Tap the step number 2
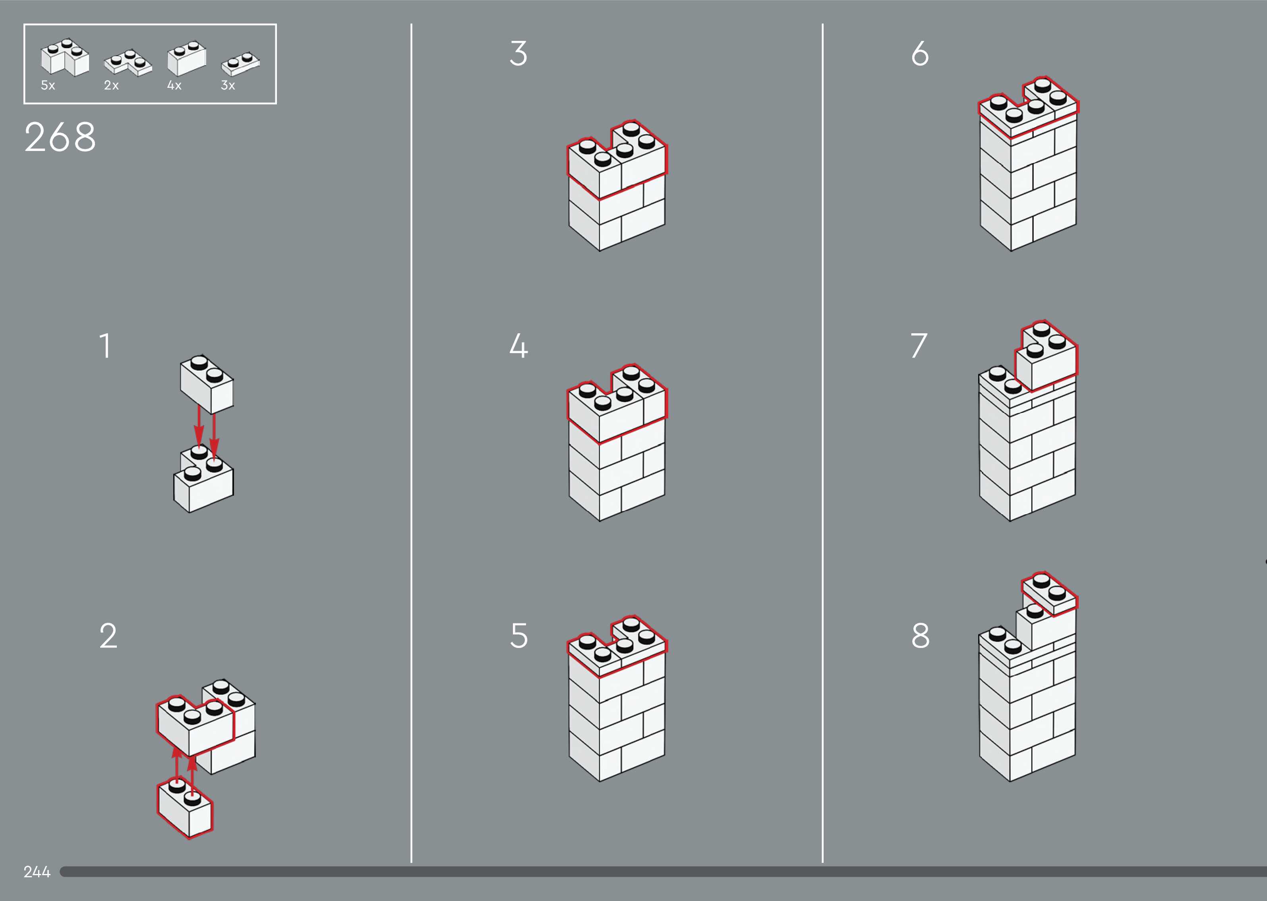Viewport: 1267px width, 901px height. pyautogui.click(x=108, y=635)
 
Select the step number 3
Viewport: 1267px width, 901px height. pyautogui.click(x=518, y=53)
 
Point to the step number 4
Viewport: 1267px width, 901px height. pyautogui.click(x=518, y=346)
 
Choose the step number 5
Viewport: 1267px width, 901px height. pyautogui.click(x=518, y=635)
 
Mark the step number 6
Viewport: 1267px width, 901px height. pyautogui.click(x=920, y=53)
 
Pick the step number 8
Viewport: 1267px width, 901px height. pyautogui.click(x=920, y=635)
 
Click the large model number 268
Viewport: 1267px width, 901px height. pyautogui.click(x=60, y=137)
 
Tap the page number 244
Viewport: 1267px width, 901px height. pyautogui.click(x=37, y=872)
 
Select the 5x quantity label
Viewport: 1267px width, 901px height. pyautogui.click(x=48, y=85)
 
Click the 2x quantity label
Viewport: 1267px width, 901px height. pyautogui.click(x=111, y=85)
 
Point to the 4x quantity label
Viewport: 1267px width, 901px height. pyautogui.click(x=174, y=85)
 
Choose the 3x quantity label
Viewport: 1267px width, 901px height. pyautogui.click(x=228, y=85)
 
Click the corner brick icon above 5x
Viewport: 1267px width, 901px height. pyautogui.click(x=64, y=57)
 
